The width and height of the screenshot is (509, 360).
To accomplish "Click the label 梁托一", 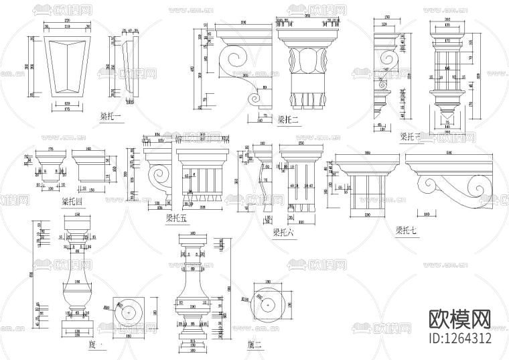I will click(111, 117).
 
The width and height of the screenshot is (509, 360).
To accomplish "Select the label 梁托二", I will click(287, 120).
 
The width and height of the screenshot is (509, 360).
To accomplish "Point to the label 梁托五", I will click(176, 218).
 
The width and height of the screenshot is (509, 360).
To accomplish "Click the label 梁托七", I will click(406, 231).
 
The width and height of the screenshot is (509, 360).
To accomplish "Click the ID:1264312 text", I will click(459, 338).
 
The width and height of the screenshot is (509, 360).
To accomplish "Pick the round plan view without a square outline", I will click(267, 305).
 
